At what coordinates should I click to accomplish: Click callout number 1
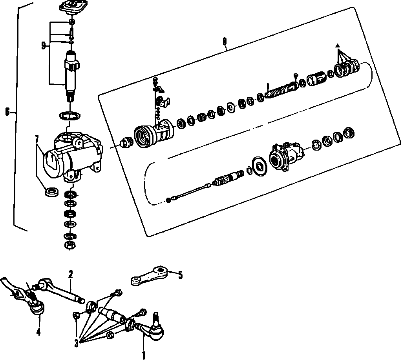click(144, 355)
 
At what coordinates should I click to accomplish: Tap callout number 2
click(71, 274)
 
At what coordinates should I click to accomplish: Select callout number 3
click(76, 344)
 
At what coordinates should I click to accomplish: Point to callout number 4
click(38, 331)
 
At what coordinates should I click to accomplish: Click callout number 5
click(180, 275)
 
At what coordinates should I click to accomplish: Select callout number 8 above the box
click(224, 41)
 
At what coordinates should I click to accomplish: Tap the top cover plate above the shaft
click(71, 7)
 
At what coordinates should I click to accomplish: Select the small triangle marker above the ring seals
click(337, 46)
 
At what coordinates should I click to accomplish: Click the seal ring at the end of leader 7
click(51, 192)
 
